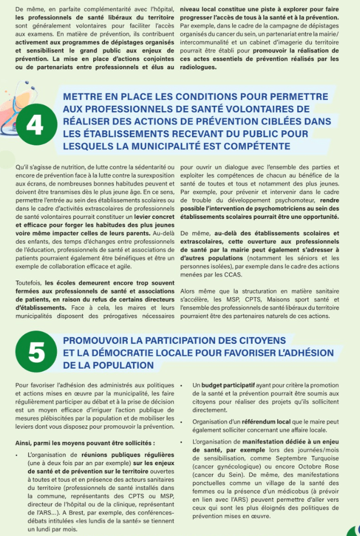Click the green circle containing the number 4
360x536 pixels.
point(35,125)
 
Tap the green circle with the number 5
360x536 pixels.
point(36,353)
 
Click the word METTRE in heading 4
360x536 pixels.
point(82,97)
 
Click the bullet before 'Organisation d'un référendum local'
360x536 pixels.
point(182,422)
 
